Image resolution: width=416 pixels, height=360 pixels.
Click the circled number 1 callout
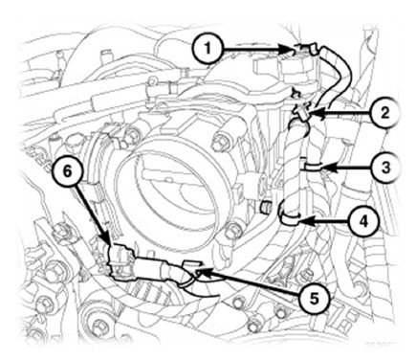(208, 49)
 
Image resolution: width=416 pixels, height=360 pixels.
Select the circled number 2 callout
(385, 112)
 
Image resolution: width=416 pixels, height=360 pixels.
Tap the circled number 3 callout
(386, 168)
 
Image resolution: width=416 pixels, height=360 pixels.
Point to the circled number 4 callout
(364, 220)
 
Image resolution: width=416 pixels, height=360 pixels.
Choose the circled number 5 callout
(315, 298)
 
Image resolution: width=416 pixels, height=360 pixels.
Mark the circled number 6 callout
(67, 171)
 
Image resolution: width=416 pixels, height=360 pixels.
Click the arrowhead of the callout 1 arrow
(289, 49)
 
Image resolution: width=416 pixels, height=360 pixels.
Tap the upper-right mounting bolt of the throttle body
(219, 142)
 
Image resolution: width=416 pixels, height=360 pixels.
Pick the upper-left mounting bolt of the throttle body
(130, 135)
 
